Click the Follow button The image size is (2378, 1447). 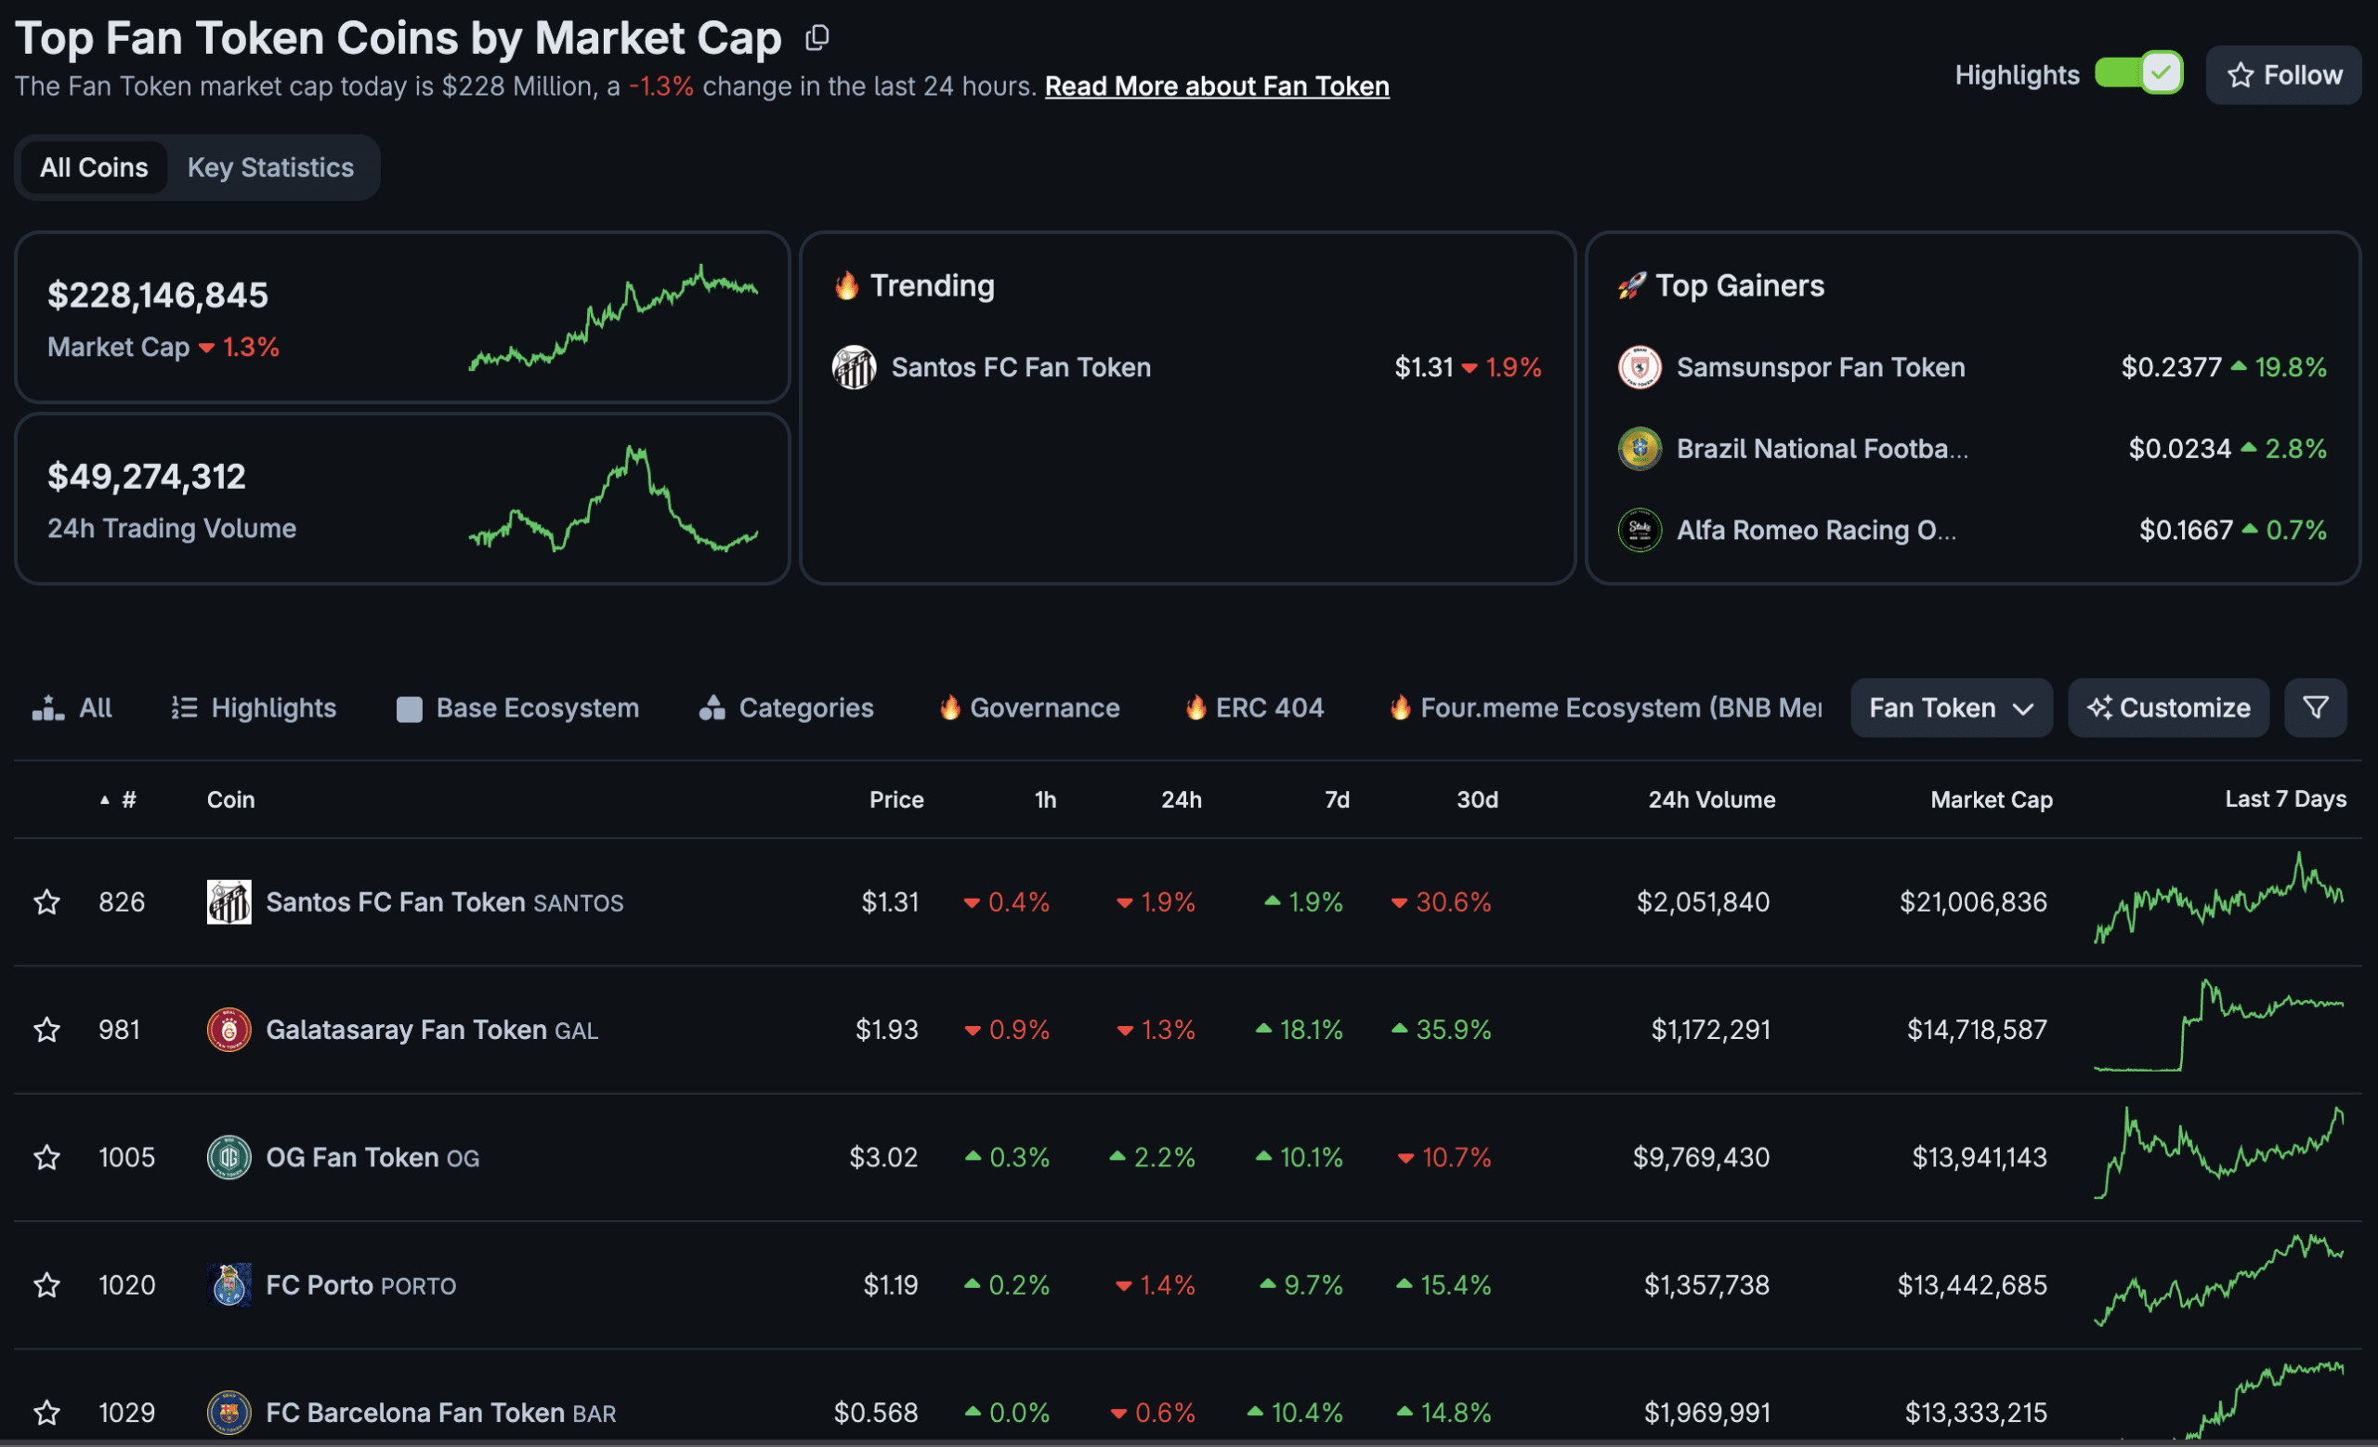tap(2283, 75)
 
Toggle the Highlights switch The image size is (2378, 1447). tap(2138, 73)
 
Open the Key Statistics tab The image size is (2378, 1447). tap(270, 167)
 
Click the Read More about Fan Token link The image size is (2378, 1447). tap(1216, 86)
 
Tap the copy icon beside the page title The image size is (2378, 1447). tap(817, 38)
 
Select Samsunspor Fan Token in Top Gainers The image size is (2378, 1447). tap(1820, 367)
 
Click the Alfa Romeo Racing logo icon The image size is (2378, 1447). tap(1639, 530)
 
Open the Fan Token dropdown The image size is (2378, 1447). tap(1951, 707)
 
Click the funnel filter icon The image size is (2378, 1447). tap(2315, 707)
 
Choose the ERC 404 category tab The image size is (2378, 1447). tap(1255, 707)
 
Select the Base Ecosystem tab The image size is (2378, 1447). tap(518, 707)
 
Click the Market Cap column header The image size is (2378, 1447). tap(1991, 799)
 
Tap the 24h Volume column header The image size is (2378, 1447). tap(1711, 799)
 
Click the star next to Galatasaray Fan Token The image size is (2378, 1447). tap(47, 1030)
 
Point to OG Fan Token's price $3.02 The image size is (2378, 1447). tap(883, 1156)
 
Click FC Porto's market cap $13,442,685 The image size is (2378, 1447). tap(1972, 1284)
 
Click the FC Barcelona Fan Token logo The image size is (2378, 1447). tap(229, 1413)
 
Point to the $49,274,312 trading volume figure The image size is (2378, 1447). tap(147, 477)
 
